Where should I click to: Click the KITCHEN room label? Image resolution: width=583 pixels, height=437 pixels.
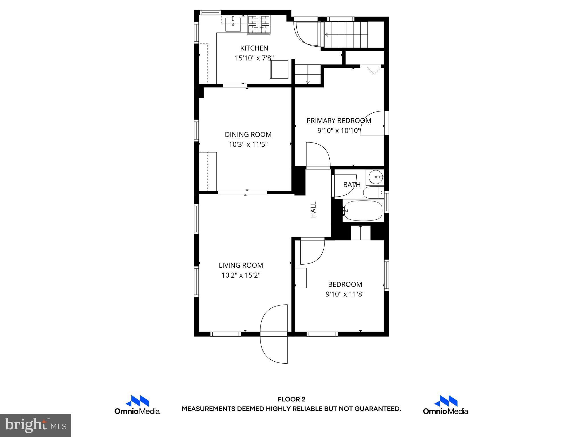(254, 48)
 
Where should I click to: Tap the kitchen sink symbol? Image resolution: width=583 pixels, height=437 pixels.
(233, 24)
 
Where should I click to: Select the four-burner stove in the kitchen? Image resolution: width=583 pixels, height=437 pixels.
(259, 25)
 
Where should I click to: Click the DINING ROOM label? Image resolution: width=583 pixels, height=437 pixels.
(248, 135)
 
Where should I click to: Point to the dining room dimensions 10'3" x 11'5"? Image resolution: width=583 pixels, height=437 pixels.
(248, 145)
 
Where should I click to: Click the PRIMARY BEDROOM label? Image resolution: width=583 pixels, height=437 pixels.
(338, 121)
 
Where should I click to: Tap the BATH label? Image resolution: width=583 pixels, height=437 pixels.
(352, 185)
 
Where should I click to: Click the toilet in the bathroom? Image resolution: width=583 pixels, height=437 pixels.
(373, 193)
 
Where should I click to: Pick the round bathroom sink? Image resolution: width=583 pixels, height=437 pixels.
(376, 177)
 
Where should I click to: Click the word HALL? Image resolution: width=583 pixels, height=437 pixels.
(313, 210)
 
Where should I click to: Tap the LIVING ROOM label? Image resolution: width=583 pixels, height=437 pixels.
(241, 265)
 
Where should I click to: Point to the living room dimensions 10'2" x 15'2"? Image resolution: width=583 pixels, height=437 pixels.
(241, 275)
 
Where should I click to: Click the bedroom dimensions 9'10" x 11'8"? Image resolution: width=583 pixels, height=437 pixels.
(345, 294)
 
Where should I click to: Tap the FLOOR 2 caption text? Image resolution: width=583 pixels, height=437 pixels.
(291, 399)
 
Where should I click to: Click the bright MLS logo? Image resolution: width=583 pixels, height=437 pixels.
(36, 425)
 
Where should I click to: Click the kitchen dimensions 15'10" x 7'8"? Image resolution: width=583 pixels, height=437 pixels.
(254, 58)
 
